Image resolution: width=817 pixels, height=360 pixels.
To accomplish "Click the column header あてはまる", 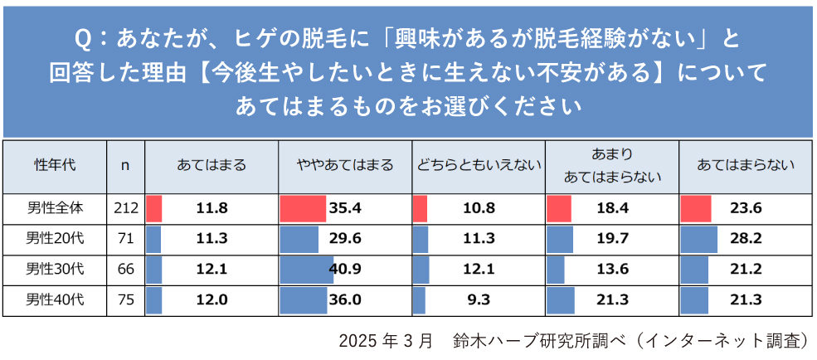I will [x=212, y=165].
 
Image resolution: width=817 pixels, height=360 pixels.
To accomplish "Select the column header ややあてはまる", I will [x=345, y=165].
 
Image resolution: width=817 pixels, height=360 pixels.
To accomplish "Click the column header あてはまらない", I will [x=746, y=165].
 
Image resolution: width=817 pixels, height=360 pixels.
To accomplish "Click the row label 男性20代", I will [x=54, y=239].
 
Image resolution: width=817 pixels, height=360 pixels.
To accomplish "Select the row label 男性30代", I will [x=54, y=270].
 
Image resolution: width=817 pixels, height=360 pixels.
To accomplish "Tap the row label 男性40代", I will [x=54, y=300].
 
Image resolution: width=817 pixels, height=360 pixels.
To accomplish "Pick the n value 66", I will [x=125, y=270].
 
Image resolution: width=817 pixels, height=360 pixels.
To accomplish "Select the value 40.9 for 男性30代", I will [x=346, y=270].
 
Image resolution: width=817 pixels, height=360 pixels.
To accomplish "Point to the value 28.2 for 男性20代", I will [x=746, y=239].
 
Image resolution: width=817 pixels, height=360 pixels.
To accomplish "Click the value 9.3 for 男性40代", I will [x=479, y=300].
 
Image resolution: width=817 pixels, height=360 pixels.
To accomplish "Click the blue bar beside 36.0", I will [x=304, y=300].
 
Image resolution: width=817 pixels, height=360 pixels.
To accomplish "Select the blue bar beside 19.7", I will [x=560, y=239].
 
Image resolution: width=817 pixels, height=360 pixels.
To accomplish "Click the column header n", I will [x=125, y=165].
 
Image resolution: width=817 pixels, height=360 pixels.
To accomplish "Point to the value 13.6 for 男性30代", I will [x=612, y=270].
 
